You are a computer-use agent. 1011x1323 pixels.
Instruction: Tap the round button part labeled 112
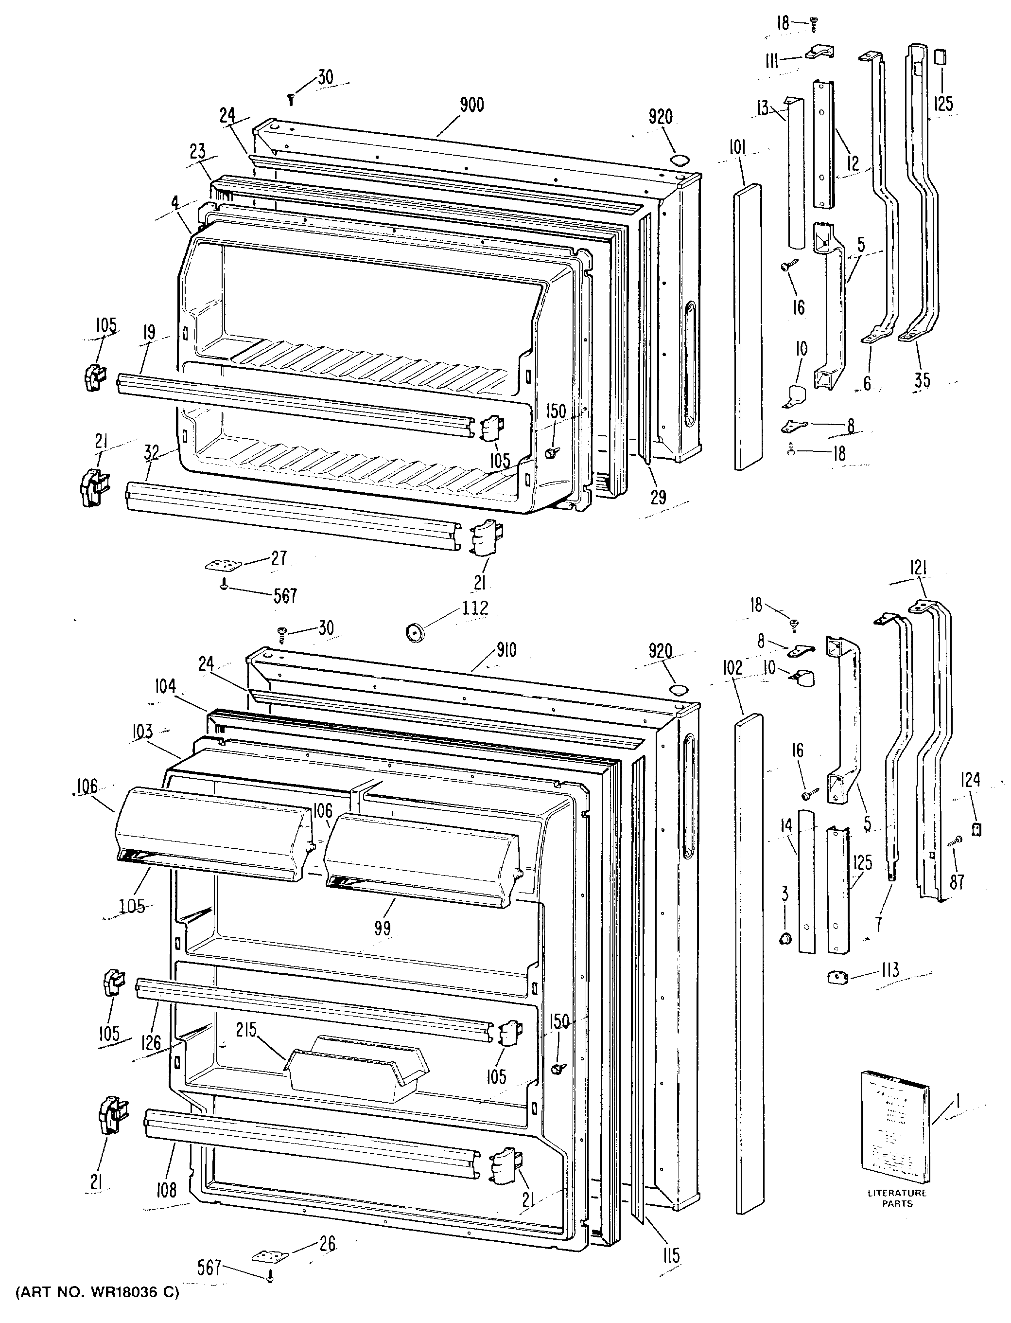pos(414,632)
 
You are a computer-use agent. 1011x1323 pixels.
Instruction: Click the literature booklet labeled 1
pos(895,1129)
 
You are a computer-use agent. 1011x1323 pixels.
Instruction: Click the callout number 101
pos(738,147)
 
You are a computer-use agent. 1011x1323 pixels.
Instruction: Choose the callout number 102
pos(733,668)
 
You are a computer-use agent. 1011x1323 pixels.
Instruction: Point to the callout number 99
pos(382,928)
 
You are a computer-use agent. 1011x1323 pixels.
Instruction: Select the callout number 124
pos(970,781)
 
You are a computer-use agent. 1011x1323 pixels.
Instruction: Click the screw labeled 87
pos(955,841)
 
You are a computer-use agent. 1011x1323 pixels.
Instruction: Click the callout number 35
pos(922,380)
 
